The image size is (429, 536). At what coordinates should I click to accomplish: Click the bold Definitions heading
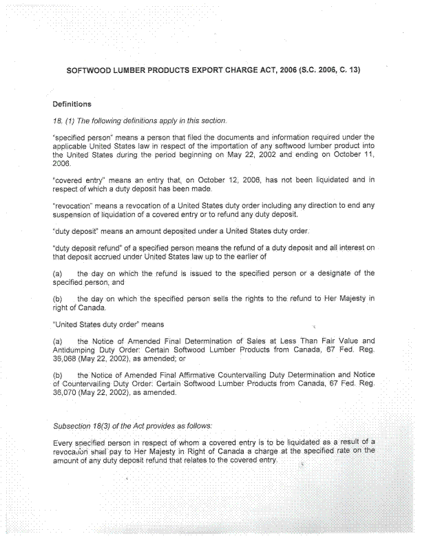click(x=72, y=105)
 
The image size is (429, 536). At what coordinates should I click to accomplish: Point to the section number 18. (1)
click(x=64, y=120)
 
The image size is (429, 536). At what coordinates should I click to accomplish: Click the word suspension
click(x=74, y=213)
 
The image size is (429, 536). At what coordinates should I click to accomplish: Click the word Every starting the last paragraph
click(x=63, y=442)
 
